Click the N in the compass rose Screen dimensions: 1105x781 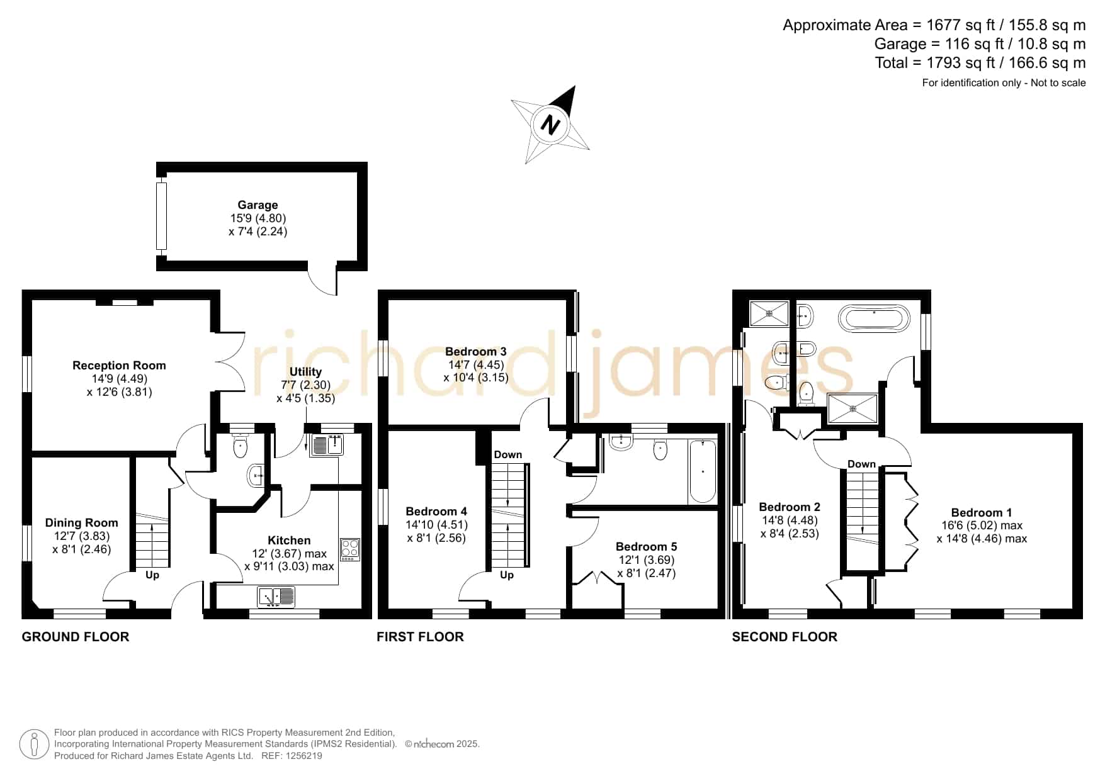pyautogui.click(x=551, y=125)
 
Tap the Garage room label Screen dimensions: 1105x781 pyautogui.click(x=258, y=205)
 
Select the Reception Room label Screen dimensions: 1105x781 pyautogui.click(x=119, y=365)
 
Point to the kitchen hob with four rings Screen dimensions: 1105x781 pyautogui.click(x=350, y=549)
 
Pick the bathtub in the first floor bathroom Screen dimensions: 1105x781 pyautogui.click(x=703, y=471)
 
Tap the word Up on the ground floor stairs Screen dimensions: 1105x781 pyautogui.click(x=152, y=575)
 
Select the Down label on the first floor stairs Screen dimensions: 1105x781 pyautogui.click(x=508, y=454)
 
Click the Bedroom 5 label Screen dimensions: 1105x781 pyautogui.click(x=647, y=546)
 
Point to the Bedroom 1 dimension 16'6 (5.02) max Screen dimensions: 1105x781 pyautogui.click(x=982, y=525)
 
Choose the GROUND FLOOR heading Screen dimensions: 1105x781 pyautogui.click(x=76, y=637)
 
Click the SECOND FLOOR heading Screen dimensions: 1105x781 pyautogui.click(x=785, y=637)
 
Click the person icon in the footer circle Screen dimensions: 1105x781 pyautogui.click(x=34, y=744)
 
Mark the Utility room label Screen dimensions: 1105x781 pyautogui.click(x=305, y=372)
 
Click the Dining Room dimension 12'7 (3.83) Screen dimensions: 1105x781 pyautogui.click(x=81, y=536)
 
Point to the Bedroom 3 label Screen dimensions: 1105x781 pyautogui.click(x=476, y=351)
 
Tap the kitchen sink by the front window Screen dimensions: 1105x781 pyautogui.click(x=276, y=597)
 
